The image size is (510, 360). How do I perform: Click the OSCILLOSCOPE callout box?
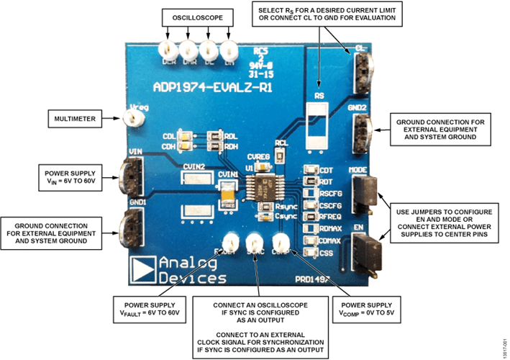196,17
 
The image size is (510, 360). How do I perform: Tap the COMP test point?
280,243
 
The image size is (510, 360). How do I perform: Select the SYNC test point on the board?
255,243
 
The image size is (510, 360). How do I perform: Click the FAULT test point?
230,243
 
